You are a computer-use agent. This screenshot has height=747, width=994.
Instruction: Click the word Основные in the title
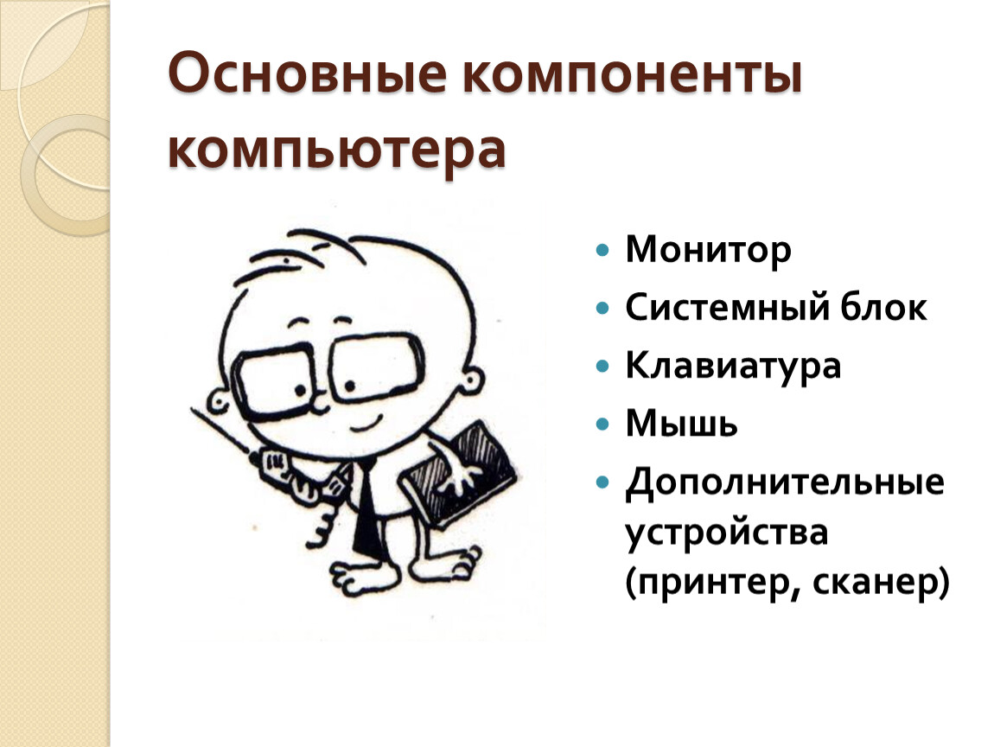tap(308, 73)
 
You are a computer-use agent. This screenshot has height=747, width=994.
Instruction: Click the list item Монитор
tap(708, 250)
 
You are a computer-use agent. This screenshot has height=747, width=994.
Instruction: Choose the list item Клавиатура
tap(733, 366)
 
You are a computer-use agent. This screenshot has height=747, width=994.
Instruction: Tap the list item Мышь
tap(681, 423)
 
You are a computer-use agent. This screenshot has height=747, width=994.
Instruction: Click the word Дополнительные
tap(785, 482)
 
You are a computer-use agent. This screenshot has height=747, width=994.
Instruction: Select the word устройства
tap(726, 532)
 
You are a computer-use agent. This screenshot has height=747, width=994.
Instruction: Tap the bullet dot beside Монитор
tap(602, 250)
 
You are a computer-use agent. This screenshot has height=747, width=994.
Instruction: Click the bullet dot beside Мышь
tap(602, 424)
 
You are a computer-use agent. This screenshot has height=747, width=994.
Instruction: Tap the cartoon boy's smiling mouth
tap(366, 421)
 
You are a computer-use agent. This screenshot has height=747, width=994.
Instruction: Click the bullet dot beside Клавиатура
tap(602, 366)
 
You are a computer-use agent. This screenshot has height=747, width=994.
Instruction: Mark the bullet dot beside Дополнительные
tap(602, 482)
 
